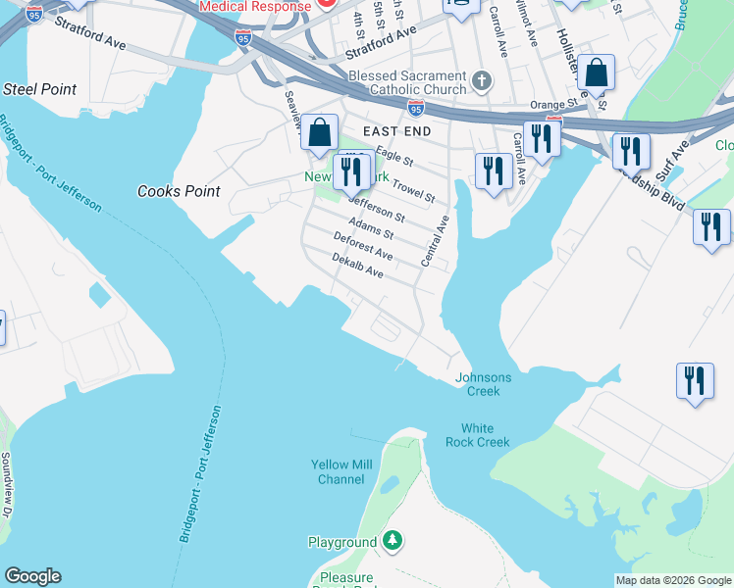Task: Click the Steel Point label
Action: click(40, 89)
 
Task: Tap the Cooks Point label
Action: click(179, 191)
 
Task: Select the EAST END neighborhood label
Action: click(396, 130)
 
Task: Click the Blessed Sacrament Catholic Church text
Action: click(407, 83)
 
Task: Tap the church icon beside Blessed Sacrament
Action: click(481, 80)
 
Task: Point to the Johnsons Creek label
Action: click(484, 384)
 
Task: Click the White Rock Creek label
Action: click(486, 435)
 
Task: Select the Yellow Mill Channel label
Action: click(338, 471)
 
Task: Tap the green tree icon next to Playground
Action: click(393, 540)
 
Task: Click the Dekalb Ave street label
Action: click(357, 266)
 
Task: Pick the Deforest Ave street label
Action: click(363, 246)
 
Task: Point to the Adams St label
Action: click(371, 227)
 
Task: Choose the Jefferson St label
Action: click(377, 209)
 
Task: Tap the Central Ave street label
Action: click(433, 241)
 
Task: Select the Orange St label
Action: click(553, 104)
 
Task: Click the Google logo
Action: click(32, 576)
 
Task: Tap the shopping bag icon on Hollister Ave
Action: click(596, 73)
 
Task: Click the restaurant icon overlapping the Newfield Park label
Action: click(349, 172)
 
